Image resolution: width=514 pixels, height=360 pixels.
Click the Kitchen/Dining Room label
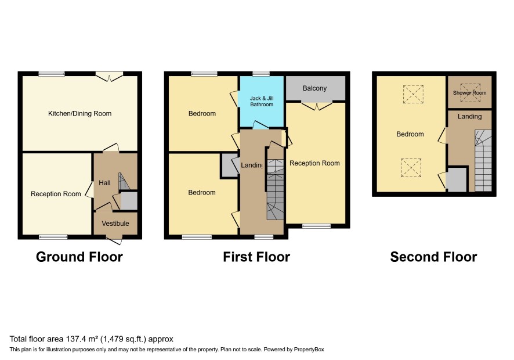tap(79, 114)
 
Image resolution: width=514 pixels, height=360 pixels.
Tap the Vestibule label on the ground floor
tap(115, 224)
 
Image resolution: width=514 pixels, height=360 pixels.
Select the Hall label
tap(104, 183)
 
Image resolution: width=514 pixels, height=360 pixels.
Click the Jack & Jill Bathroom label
tap(262, 101)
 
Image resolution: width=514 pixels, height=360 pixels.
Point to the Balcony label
tap(314, 88)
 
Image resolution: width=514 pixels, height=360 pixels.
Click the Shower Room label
tap(470, 93)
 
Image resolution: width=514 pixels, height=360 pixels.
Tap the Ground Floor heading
tap(79, 257)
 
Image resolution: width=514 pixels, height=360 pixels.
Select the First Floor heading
tap(256, 257)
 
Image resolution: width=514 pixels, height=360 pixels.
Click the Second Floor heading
tap(433, 257)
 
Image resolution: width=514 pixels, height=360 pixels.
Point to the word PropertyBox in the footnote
tap(309, 350)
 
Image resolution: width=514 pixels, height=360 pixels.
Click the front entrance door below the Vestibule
tap(114, 240)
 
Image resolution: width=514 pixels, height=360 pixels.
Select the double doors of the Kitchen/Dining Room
tap(110, 77)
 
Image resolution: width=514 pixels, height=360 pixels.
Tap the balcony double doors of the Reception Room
tap(317, 106)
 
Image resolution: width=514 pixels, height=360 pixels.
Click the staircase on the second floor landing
tap(483, 160)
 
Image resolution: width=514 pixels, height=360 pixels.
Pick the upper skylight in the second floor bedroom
tap(414, 94)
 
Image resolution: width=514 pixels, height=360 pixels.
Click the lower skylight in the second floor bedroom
tap(411, 168)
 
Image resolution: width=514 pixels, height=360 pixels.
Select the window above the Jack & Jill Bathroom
tap(261, 74)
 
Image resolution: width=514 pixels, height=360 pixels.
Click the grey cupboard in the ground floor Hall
tap(129, 201)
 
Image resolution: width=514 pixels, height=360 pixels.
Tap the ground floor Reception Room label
tap(56, 194)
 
